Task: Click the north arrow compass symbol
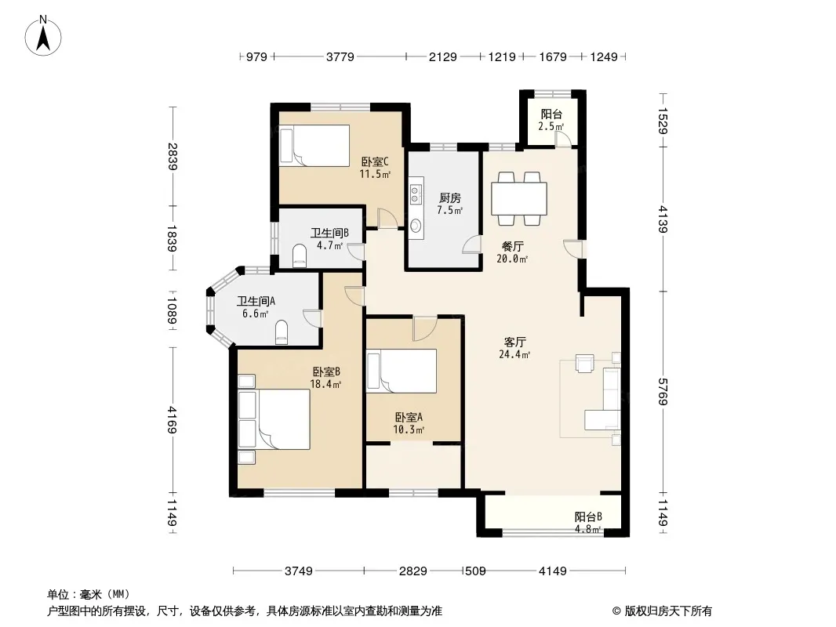tap(43, 36)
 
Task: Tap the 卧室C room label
tap(375, 161)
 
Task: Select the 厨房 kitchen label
tap(449, 198)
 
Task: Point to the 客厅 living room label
tap(515, 342)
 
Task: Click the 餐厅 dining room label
tap(512, 247)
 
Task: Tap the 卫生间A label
tap(256, 302)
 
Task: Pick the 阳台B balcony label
tap(588, 516)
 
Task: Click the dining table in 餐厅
tap(519, 198)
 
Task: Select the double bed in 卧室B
tap(274, 419)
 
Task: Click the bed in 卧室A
tap(402, 371)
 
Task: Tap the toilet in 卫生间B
tap(300, 256)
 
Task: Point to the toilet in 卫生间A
tap(282, 332)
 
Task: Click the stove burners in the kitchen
tap(416, 194)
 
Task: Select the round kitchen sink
tap(416, 227)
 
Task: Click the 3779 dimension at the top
tap(340, 56)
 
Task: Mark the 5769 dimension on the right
tap(663, 392)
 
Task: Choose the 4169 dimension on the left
tap(172, 419)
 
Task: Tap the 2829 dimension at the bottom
tap(413, 571)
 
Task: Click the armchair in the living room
tap(585, 364)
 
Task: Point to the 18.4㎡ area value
tap(325, 383)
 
